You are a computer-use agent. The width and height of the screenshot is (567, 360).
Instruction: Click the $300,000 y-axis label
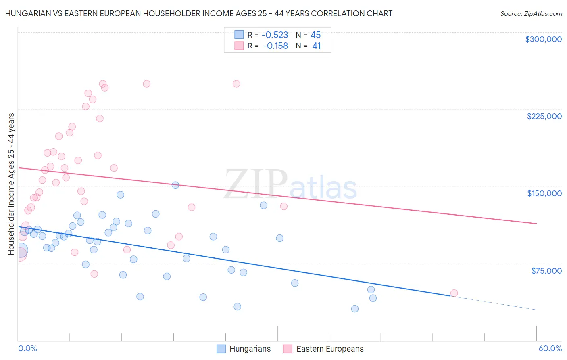point(543,39)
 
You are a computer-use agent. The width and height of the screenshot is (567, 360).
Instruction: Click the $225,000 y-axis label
point(544,116)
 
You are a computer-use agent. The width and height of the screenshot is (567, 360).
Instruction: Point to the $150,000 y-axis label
point(544,193)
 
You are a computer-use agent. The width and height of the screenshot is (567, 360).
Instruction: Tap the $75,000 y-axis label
point(546,270)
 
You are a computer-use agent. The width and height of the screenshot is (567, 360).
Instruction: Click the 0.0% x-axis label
point(27,348)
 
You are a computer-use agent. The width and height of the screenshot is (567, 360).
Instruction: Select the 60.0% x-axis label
point(550,348)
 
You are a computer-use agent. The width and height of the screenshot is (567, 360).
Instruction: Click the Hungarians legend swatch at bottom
point(221,349)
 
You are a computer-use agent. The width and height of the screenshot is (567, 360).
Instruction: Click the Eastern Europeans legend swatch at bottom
point(288,349)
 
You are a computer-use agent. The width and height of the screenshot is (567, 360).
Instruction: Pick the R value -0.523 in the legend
point(275,35)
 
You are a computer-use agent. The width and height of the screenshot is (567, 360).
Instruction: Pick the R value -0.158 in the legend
point(275,46)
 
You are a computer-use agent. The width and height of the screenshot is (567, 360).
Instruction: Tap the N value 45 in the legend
point(316,35)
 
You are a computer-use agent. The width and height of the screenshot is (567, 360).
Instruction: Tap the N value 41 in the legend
point(317,46)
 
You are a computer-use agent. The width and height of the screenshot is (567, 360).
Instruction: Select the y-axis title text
point(11,184)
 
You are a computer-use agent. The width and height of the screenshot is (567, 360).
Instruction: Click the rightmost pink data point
point(454,293)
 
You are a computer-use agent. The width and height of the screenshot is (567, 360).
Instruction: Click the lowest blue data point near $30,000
point(355,309)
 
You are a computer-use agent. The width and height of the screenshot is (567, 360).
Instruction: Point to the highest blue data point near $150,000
point(175,185)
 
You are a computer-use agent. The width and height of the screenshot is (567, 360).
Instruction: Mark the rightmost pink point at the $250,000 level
point(236,84)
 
